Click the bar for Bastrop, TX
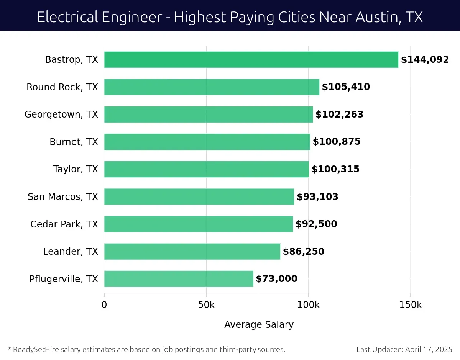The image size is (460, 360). point(251,60)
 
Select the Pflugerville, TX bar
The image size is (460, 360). point(179,279)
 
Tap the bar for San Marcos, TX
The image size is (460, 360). point(199,196)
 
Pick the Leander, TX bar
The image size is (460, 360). point(192,251)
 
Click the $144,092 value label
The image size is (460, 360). point(425,60)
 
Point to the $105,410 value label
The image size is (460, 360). point(346,87)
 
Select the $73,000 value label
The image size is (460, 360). point(276,279)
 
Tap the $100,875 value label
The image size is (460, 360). point(337,142)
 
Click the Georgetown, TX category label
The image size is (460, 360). point(61,115)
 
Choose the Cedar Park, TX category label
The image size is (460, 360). point(64,224)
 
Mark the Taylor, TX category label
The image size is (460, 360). point(76,169)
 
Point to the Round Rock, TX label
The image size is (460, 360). point(62,87)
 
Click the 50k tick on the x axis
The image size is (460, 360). point(206,305)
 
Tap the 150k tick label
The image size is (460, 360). point(411,305)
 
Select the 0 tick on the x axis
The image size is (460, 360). point(104,305)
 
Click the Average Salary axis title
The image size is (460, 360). point(259,325)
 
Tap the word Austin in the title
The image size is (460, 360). point(370,17)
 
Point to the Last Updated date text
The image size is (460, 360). point(404,349)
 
